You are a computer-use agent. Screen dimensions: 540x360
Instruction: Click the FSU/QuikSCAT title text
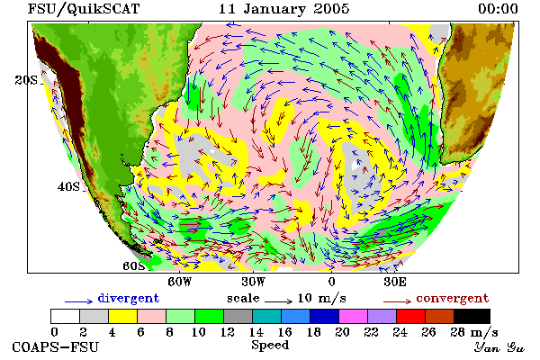[84, 9]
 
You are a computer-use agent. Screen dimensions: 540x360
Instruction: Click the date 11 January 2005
[283, 9]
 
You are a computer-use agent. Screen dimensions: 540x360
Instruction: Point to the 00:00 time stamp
[498, 9]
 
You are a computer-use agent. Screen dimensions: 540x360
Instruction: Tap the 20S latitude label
[26, 80]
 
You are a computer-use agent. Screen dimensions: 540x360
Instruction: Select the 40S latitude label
[68, 186]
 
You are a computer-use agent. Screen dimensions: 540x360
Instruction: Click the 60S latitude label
[134, 266]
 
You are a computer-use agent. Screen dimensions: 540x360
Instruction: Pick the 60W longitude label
[179, 282]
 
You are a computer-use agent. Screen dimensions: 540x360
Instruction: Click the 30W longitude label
[254, 282]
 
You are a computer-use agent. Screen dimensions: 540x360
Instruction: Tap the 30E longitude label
[395, 282]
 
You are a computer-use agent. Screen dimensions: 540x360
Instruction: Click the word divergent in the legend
[129, 298]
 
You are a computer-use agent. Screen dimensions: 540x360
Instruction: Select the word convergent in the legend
[453, 298]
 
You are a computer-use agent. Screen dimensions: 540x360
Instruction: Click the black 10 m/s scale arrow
[279, 301]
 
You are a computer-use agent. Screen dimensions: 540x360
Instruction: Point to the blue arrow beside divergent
[79, 301]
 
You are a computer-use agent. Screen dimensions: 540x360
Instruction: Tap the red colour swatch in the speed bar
[410, 316]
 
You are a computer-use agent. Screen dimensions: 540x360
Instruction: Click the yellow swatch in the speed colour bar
[122, 316]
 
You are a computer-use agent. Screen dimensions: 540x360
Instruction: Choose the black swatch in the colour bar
[472, 316]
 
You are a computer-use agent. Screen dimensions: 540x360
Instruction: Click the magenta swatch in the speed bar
[353, 316]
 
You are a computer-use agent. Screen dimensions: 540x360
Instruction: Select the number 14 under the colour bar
[256, 332]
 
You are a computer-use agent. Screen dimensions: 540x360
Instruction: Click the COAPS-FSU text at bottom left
[56, 346]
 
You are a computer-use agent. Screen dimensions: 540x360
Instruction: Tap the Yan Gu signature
[499, 347]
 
